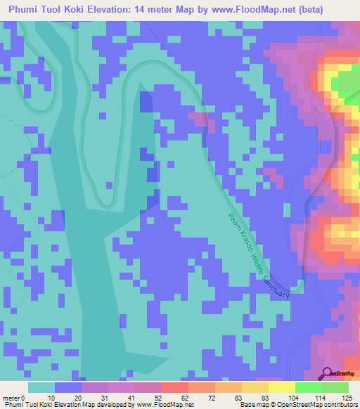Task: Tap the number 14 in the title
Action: [148, 10]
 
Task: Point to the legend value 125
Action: [345, 397]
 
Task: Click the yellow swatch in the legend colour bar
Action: [281, 387]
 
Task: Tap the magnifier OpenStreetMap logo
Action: [326, 373]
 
